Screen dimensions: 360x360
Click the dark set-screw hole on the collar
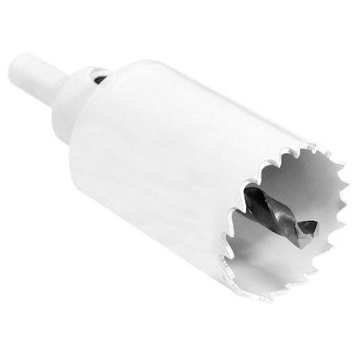pyautogui.click(x=97, y=78)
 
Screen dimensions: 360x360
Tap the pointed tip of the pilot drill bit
pyautogui.click(x=314, y=233)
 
